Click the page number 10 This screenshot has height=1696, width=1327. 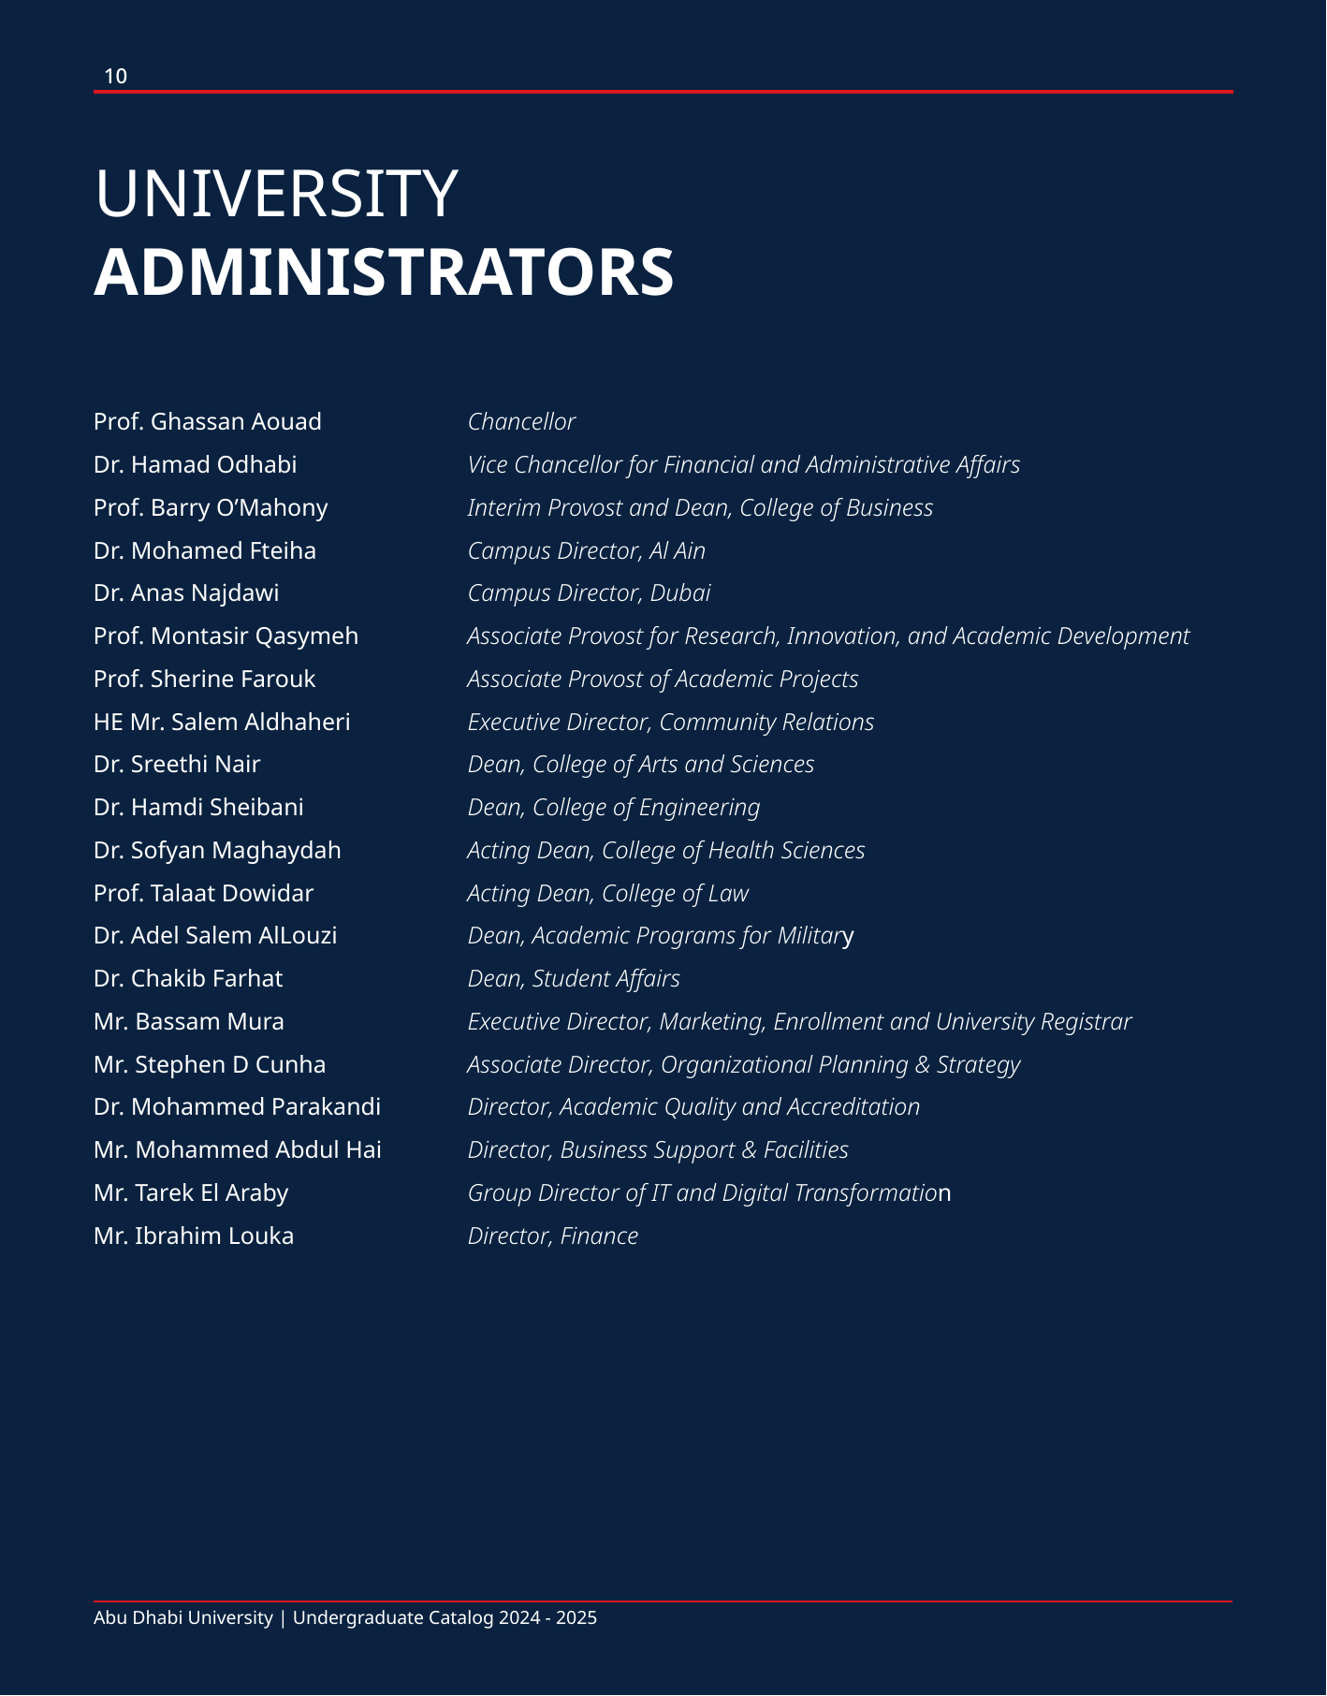pyautogui.click(x=115, y=77)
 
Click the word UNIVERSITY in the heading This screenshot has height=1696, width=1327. pyautogui.click(x=276, y=195)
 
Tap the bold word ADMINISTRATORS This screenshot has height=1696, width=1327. pyautogui.click(x=384, y=273)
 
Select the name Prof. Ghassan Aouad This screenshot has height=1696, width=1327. pyautogui.click(x=208, y=422)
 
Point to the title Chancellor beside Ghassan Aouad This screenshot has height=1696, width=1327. pyautogui.click(x=521, y=422)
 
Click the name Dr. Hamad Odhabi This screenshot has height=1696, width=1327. pyautogui.click(x=195, y=465)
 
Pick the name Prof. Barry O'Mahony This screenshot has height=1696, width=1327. pyautogui.click(x=211, y=508)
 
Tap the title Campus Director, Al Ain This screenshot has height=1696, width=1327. pyautogui.click(x=586, y=551)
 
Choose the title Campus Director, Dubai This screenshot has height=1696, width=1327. pyautogui.click(x=589, y=593)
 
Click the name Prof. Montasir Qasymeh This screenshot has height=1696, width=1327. pyautogui.click(x=226, y=636)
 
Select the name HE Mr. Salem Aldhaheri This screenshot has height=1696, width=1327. pyautogui.click(x=222, y=723)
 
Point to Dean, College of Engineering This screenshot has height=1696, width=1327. pyautogui.click(x=613, y=808)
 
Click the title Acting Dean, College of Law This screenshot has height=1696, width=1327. pyautogui.click(x=607, y=894)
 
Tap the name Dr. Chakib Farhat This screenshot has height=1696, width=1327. pyautogui.click(x=188, y=979)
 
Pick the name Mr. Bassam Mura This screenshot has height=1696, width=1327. pyautogui.click(x=189, y=1022)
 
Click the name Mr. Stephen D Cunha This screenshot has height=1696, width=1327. pyautogui.click(x=210, y=1065)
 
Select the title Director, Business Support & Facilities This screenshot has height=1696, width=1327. pyautogui.click(x=658, y=1150)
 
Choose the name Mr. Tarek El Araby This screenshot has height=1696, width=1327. pyautogui.click(x=191, y=1193)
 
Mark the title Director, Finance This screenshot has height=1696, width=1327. pyautogui.click(x=552, y=1236)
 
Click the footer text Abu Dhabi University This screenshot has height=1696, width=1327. pyautogui.click(x=183, y=1618)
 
